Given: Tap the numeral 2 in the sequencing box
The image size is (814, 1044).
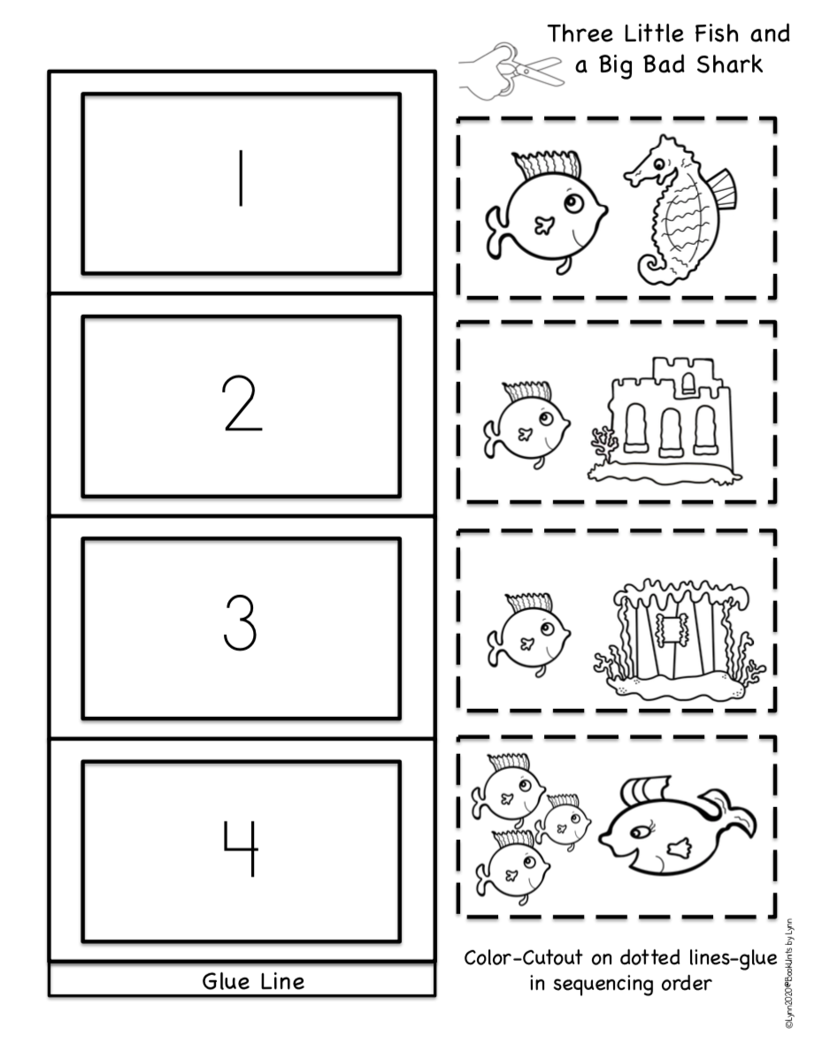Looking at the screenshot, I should click(242, 404).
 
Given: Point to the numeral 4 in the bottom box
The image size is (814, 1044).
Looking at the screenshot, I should click(241, 848).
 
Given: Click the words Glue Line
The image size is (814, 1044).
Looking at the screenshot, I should click(253, 980).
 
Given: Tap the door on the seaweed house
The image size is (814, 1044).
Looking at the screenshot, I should click(670, 629).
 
